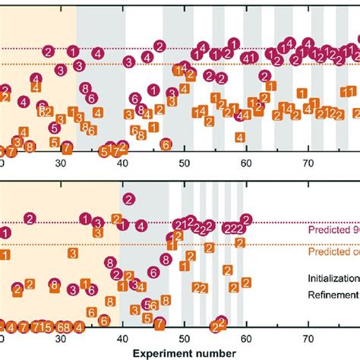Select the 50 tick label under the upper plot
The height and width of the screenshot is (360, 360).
(185, 163)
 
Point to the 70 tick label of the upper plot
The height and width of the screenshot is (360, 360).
(308, 163)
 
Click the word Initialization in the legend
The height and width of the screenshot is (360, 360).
(333, 278)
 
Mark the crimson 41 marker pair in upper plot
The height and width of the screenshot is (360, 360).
(248, 58)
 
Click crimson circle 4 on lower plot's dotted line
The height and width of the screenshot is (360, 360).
(141, 225)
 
